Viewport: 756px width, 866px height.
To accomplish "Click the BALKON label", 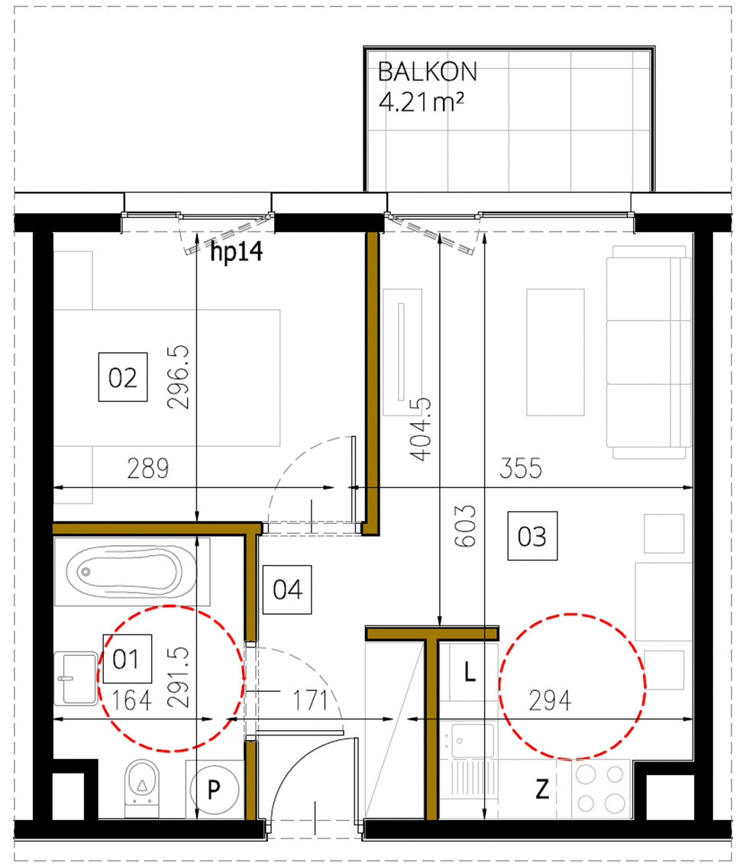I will [x=428, y=72].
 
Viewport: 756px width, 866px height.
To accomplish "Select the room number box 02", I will [x=122, y=378].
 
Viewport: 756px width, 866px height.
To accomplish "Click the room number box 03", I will [x=532, y=536].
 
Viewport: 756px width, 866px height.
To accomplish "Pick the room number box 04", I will [x=287, y=590].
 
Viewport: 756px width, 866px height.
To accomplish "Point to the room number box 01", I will [x=126, y=658].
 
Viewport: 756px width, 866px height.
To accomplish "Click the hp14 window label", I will [x=236, y=252].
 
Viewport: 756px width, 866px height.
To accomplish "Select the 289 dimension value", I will [x=147, y=468].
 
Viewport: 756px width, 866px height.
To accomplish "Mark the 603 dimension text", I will [x=468, y=525].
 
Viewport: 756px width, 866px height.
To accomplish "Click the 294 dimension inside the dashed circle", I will [x=551, y=700].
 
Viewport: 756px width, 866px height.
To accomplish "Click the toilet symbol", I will [x=141, y=785].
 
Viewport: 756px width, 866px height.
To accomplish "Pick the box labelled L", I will [x=471, y=673].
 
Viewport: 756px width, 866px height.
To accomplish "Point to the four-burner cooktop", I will [x=600, y=789].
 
